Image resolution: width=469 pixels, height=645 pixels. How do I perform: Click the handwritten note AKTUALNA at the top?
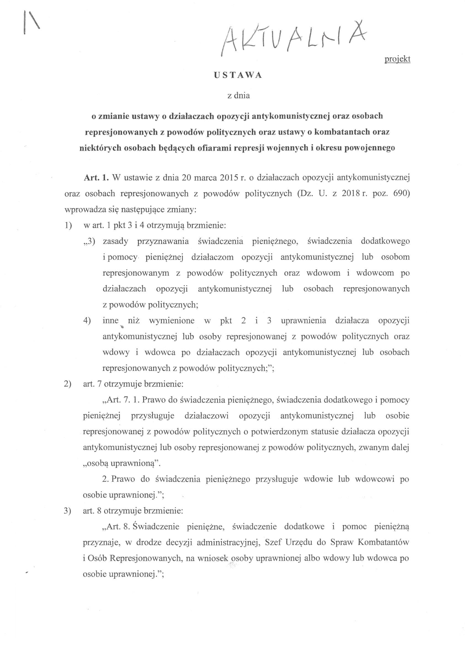pyautogui.click(x=293, y=40)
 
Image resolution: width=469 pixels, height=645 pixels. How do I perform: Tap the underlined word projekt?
pyautogui.click(x=397, y=59)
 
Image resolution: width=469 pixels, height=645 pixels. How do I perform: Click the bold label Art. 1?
pyautogui.click(x=96, y=178)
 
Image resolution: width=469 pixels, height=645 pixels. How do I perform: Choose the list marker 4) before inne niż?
pyautogui.click(x=87, y=321)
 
